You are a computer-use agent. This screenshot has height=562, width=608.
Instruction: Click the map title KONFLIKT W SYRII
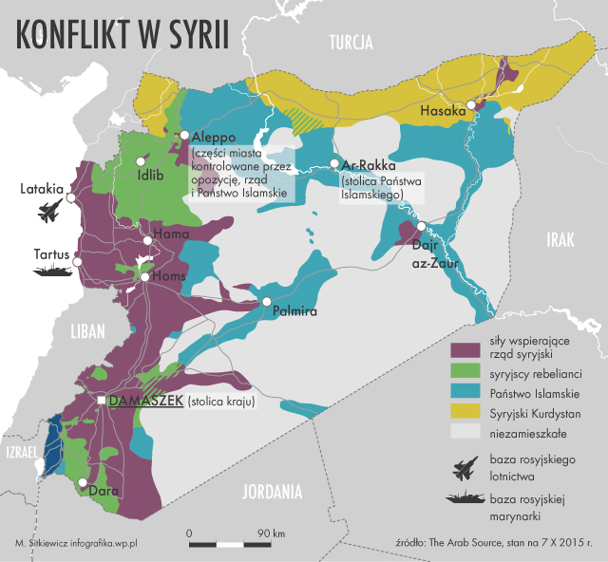[122, 36]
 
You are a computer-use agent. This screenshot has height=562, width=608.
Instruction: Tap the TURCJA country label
[350, 42]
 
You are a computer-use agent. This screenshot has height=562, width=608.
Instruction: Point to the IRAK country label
[560, 241]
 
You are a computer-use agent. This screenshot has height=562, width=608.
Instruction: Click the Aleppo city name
[214, 137]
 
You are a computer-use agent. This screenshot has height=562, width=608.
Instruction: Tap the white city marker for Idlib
[142, 161]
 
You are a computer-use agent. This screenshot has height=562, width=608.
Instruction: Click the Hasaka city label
[444, 111]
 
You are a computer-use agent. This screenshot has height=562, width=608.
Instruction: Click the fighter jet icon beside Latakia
[52, 210]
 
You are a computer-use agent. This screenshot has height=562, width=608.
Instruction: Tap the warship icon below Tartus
[53, 271]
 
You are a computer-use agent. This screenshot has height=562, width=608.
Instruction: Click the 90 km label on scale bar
[265, 534]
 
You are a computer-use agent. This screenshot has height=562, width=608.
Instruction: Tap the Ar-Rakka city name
[369, 163]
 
